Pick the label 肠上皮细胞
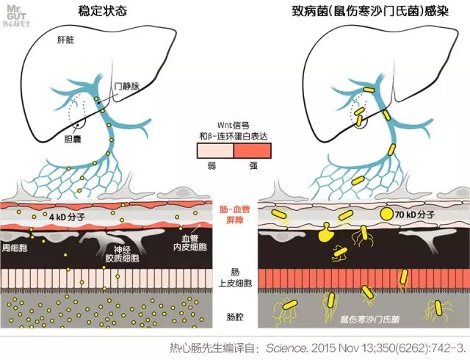[235, 277]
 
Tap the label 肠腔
[234, 317]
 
